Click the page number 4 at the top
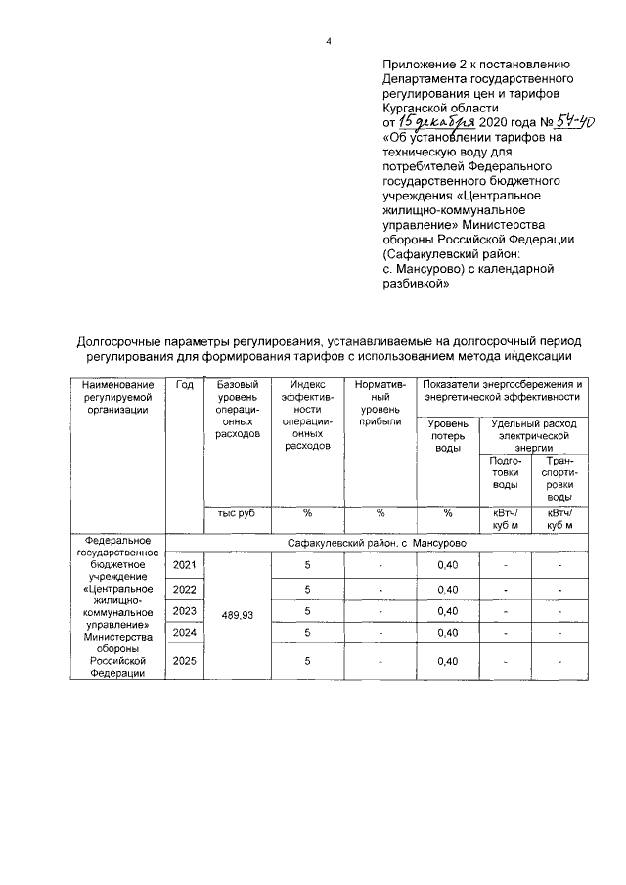(x=328, y=41)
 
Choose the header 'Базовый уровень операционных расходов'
(x=237, y=409)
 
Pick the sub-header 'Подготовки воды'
(x=505, y=472)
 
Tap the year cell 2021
(x=184, y=565)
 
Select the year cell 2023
(x=184, y=611)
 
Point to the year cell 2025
(x=184, y=661)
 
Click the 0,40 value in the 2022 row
(x=448, y=589)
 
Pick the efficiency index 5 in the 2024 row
(x=307, y=633)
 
